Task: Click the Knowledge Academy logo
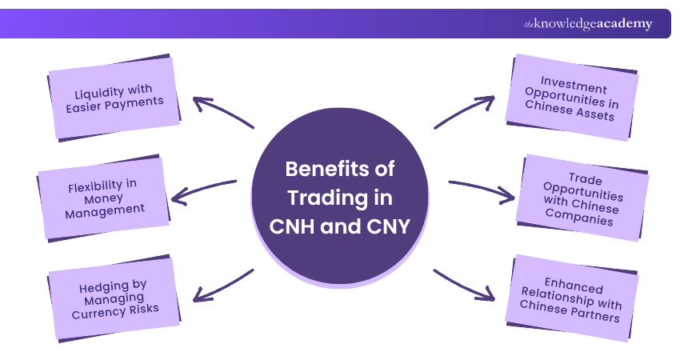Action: tap(588, 24)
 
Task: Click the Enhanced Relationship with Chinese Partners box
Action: tap(574, 299)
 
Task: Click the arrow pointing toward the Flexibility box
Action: tap(204, 189)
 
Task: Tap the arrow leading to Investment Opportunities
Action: tap(464, 112)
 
